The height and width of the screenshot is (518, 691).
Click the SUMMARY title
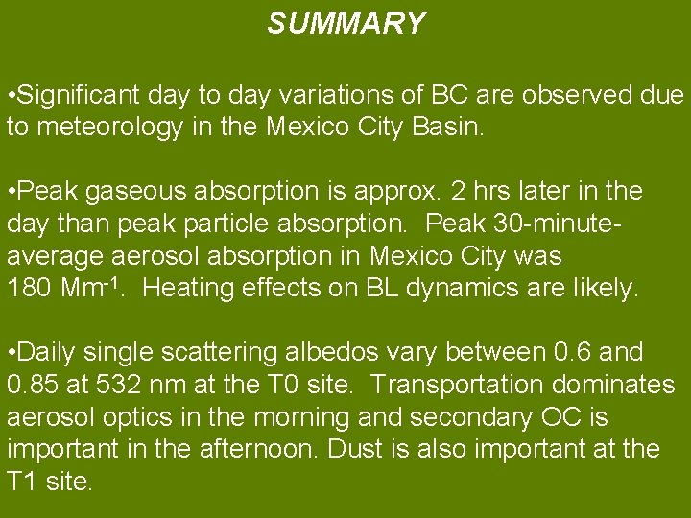coord(345,23)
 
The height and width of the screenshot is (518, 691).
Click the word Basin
coord(455,127)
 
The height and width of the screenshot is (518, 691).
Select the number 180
coord(26,288)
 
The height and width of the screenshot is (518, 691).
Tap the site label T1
coord(22,482)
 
